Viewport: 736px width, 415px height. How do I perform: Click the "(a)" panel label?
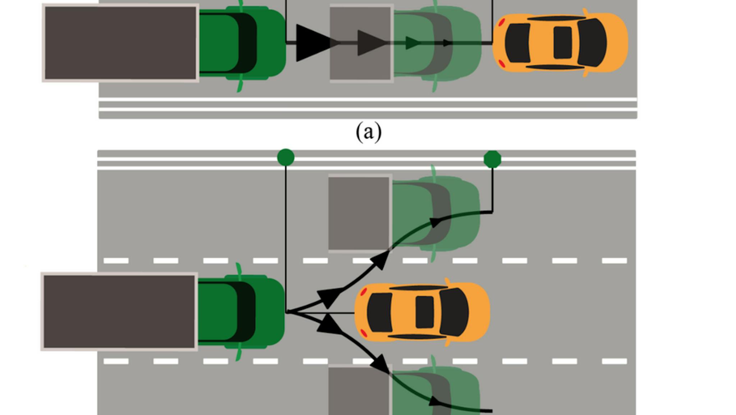[x=368, y=132]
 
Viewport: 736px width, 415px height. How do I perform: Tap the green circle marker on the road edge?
[x=286, y=158]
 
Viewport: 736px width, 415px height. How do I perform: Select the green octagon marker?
[x=492, y=159]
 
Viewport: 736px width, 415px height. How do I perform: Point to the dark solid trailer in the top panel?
[x=120, y=43]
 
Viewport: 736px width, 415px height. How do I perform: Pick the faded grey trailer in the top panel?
[x=361, y=43]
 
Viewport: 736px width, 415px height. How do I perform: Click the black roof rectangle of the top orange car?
[x=562, y=42]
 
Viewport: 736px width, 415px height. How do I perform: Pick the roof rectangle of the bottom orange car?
[x=424, y=312]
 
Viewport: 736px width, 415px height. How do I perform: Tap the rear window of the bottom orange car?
[x=379, y=312]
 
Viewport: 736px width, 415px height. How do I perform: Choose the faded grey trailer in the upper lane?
[x=359, y=213]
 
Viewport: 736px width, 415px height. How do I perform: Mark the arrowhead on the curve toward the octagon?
[x=435, y=222]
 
